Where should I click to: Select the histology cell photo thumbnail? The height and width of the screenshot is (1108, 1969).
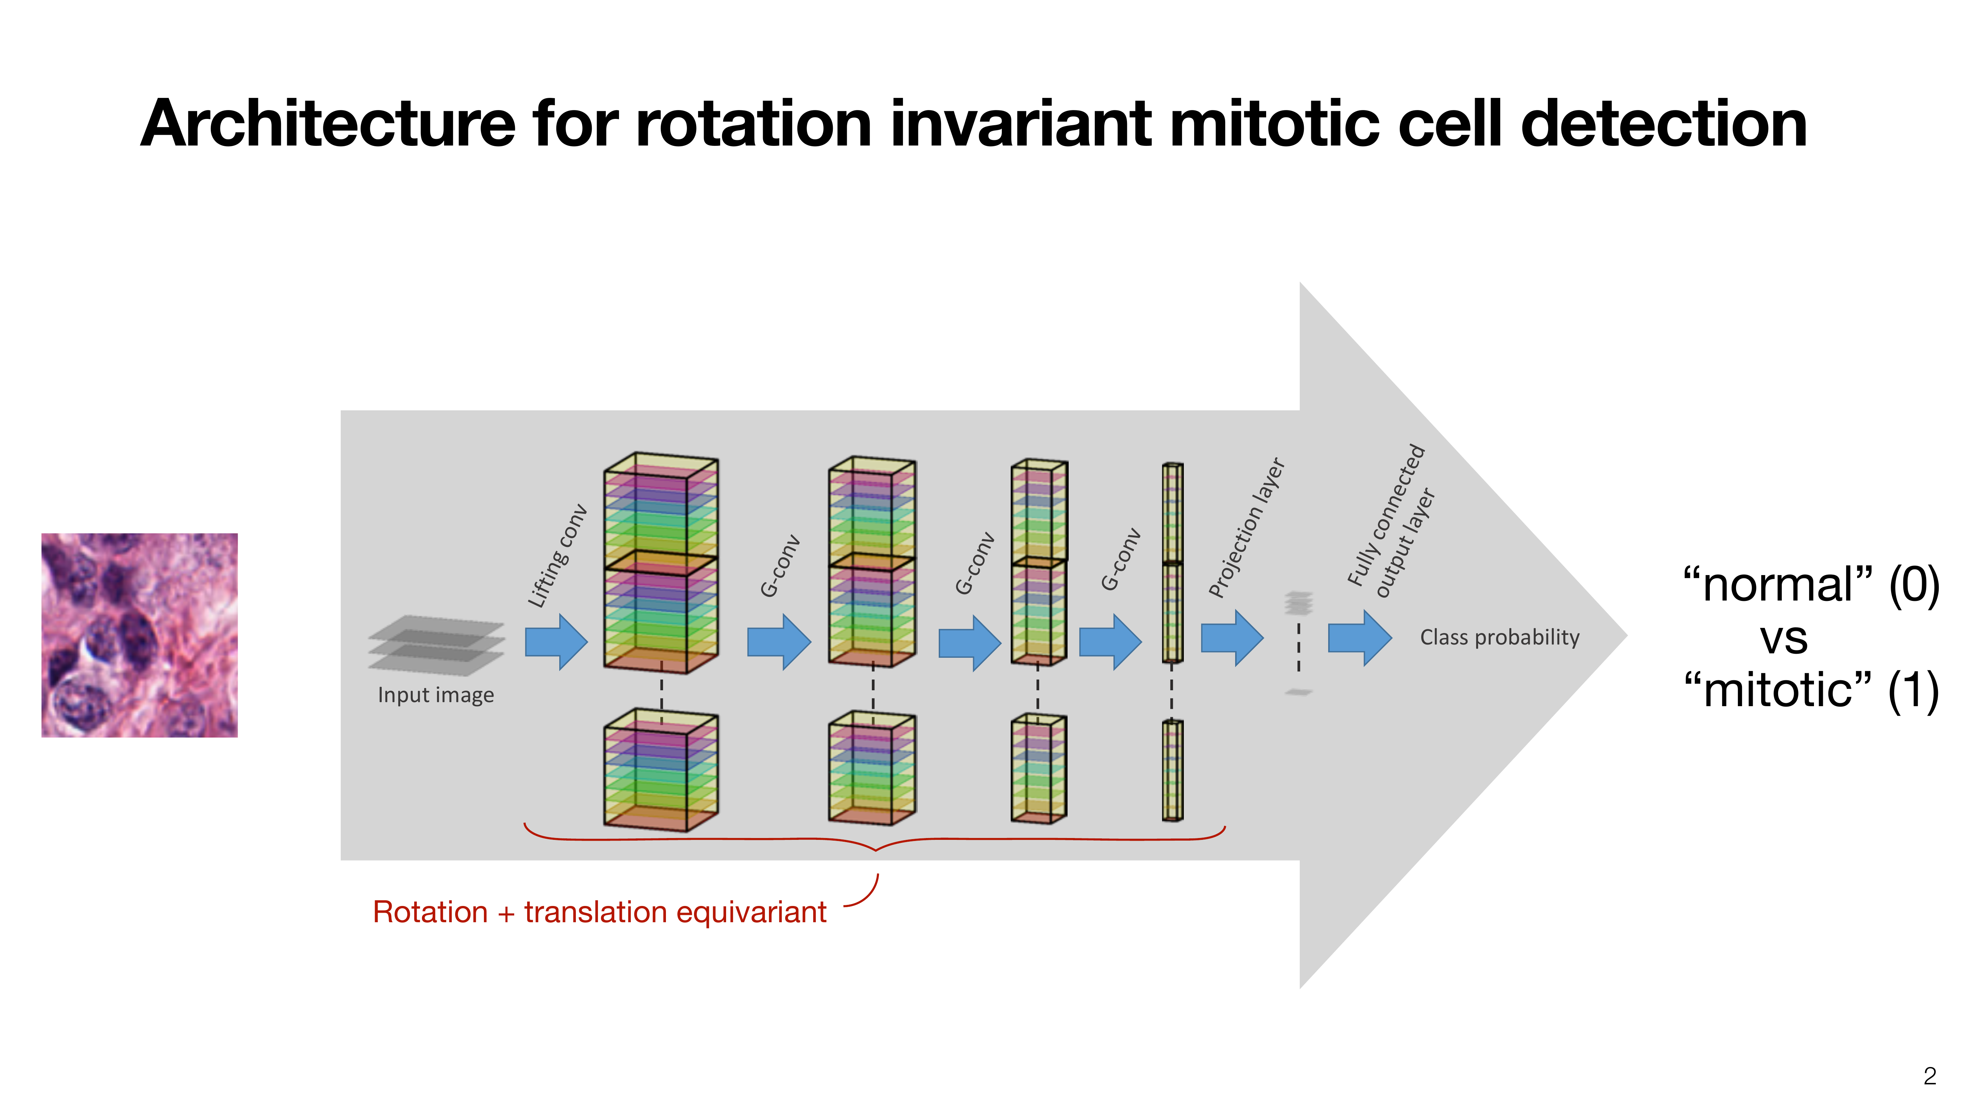pos(139,635)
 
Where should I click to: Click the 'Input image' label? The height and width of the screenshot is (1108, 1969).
pos(436,695)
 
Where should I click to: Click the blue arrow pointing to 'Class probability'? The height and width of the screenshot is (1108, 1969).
pos(1359,638)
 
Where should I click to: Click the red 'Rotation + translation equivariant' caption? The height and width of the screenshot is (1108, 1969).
pos(599,912)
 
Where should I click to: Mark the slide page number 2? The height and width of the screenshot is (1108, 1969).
pos(1929,1076)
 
